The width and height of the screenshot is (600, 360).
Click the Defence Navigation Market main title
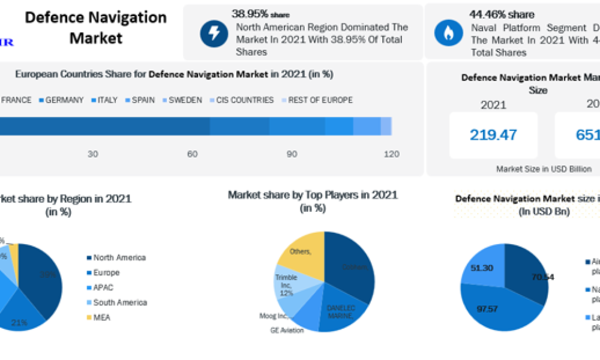point(95,28)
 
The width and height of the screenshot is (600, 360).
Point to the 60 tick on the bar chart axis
point(192,154)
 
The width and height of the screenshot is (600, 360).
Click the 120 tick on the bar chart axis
point(391,154)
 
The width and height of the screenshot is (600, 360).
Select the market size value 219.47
point(493,135)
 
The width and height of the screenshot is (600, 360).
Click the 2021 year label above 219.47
point(493,106)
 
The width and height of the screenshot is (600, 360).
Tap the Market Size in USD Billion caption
point(544,169)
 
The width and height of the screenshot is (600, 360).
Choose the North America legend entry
point(119,257)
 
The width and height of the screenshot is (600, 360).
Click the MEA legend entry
point(101,317)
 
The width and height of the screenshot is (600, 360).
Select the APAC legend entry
point(103,287)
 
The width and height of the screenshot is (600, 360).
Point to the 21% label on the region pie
point(19,323)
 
